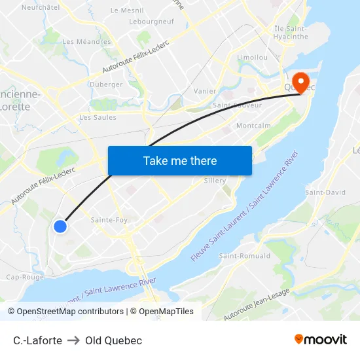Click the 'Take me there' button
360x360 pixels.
(180, 160)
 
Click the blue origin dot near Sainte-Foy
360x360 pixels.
(60, 226)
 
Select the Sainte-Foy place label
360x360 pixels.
(109, 220)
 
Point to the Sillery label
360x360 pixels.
(215, 181)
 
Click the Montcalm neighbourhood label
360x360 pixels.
(253, 125)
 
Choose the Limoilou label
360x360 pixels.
(252, 58)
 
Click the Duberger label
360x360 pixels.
(105, 84)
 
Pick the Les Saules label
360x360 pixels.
(98, 118)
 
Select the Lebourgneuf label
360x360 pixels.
(151, 21)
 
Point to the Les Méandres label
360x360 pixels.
(86, 42)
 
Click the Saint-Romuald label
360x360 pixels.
(241, 255)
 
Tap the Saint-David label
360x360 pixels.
(325, 192)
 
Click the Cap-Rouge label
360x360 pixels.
(24, 277)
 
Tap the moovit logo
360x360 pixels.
(320, 339)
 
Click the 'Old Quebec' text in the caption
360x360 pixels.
(113, 340)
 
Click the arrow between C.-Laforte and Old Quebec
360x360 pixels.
(73, 340)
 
